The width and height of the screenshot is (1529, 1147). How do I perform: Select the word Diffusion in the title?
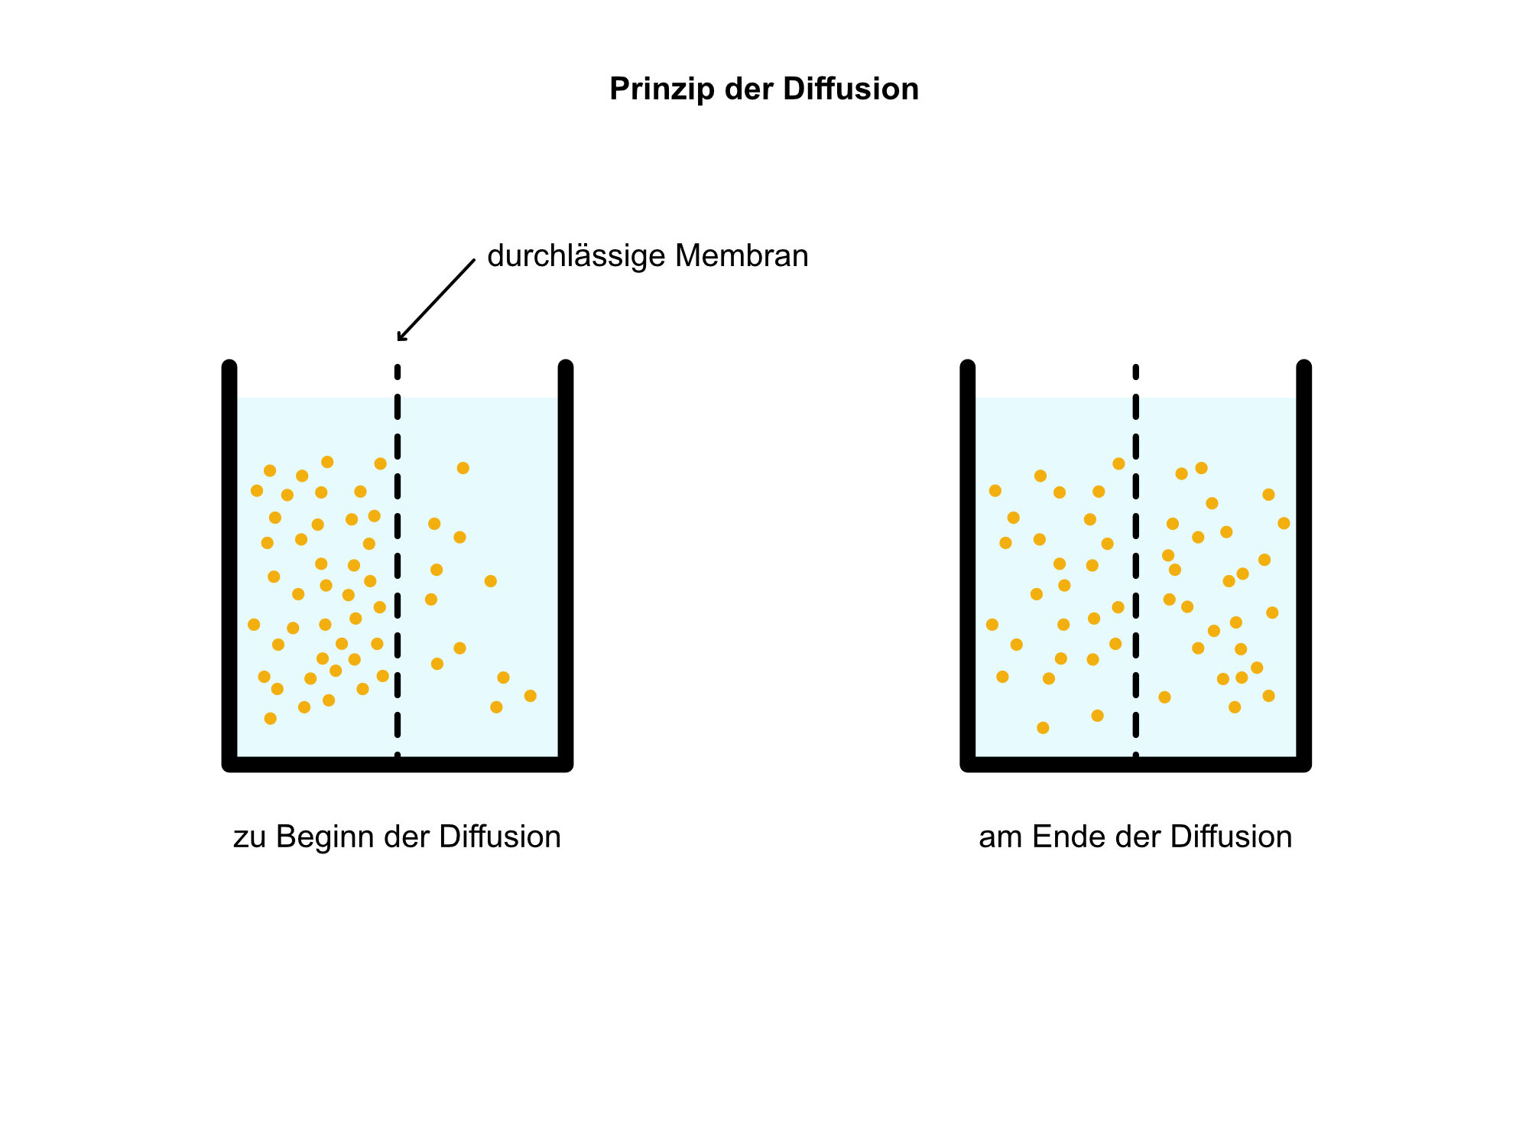point(850,89)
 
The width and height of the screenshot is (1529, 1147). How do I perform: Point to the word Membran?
point(742,255)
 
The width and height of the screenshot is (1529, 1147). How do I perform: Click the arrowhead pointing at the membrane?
point(401,336)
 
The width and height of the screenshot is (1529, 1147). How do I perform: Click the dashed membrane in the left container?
point(398,562)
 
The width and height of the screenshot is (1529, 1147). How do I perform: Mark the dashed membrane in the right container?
point(1136,562)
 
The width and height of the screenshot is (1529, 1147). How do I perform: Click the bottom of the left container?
point(398,765)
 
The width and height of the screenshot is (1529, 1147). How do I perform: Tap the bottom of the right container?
point(1136,765)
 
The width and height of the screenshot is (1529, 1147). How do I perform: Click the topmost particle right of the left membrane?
point(463,468)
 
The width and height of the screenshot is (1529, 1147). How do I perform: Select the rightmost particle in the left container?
point(531,696)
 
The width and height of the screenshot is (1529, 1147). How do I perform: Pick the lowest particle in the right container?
point(1043,728)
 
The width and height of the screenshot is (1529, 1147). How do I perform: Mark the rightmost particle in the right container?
point(1284,523)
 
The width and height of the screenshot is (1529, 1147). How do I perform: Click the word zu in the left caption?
point(250,839)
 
